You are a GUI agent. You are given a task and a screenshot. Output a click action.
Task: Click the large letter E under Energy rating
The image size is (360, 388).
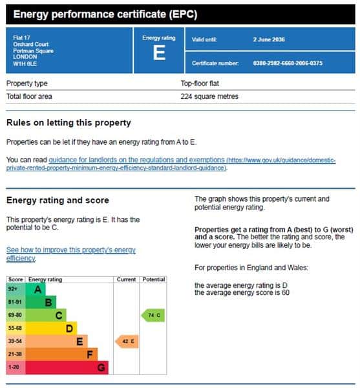(x=159, y=53)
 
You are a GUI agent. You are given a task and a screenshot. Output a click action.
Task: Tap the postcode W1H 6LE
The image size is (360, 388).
(x=25, y=64)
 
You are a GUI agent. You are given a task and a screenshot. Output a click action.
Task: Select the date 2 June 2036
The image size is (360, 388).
(x=269, y=39)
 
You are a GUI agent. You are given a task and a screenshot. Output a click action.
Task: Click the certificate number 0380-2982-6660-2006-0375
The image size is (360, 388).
(x=288, y=63)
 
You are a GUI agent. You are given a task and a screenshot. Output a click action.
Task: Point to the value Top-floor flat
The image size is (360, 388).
(x=200, y=83)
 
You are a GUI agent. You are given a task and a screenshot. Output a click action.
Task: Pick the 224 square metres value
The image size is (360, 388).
(x=209, y=96)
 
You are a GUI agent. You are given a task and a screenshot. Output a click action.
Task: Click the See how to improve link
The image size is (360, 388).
(x=71, y=254)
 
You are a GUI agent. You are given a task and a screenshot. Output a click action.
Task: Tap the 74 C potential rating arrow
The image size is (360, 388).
(x=153, y=316)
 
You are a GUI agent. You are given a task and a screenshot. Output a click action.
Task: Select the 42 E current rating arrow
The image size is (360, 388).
(x=127, y=341)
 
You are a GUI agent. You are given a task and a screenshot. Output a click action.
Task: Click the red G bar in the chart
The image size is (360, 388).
(x=67, y=367)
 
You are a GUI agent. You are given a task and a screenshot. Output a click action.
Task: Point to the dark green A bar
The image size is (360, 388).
(x=36, y=289)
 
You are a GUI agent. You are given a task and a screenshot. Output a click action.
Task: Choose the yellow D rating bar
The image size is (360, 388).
(x=51, y=329)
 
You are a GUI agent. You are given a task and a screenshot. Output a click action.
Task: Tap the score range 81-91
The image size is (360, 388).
(x=15, y=302)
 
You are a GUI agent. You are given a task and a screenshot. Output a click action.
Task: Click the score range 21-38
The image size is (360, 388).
(x=15, y=354)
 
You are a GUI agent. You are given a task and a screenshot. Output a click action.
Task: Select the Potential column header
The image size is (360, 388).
(x=154, y=279)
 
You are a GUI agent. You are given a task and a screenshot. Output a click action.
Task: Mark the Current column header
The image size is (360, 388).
(x=126, y=279)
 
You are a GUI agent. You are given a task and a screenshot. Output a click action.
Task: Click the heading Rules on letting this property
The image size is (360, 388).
(x=69, y=123)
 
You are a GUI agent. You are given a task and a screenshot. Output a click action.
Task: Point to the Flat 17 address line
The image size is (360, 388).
(x=21, y=38)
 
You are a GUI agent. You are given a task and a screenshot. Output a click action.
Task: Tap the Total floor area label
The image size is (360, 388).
(x=29, y=96)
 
